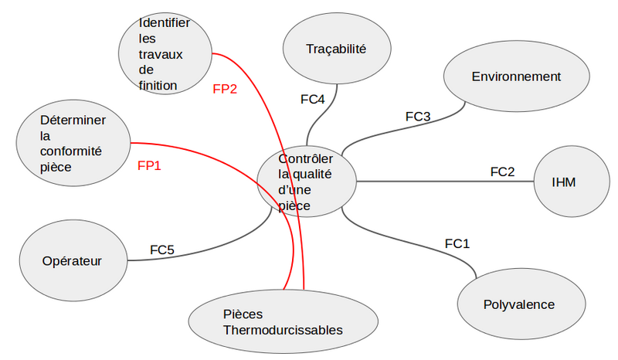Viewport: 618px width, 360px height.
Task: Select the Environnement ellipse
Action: [x=515, y=77]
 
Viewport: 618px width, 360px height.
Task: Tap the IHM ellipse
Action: [x=570, y=182]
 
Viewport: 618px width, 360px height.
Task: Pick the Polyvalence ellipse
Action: [x=518, y=304]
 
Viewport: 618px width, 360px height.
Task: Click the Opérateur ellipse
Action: [x=72, y=260]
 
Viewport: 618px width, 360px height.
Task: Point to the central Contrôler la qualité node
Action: [x=307, y=182]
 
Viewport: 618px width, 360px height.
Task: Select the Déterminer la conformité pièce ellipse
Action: [x=73, y=144]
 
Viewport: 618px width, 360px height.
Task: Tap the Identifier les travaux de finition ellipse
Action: [x=165, y=55]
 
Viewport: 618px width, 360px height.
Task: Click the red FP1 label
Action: [x=149, y=165]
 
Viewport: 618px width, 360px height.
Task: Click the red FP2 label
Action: [x=225, y=89]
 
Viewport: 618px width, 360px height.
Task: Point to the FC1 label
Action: [x=457, y=244]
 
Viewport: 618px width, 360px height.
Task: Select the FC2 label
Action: [x=502, y=172]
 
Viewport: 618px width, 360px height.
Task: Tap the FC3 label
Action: [x=418, y=117]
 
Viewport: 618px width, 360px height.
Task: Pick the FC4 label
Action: [x=312, y=99]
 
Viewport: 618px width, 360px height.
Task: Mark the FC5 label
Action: [x=162, y=250]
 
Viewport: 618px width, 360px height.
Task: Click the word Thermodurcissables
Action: [x=283, y=331]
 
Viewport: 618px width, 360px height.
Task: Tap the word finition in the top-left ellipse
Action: [x=158, y=85]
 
